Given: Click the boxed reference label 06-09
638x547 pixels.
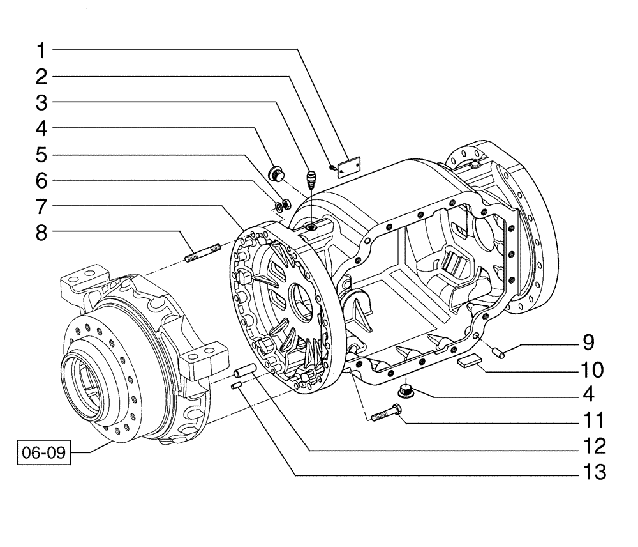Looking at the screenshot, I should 43,455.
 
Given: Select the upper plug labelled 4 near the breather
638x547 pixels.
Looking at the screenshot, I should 278,173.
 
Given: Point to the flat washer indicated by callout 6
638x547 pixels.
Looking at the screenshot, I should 279,206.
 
